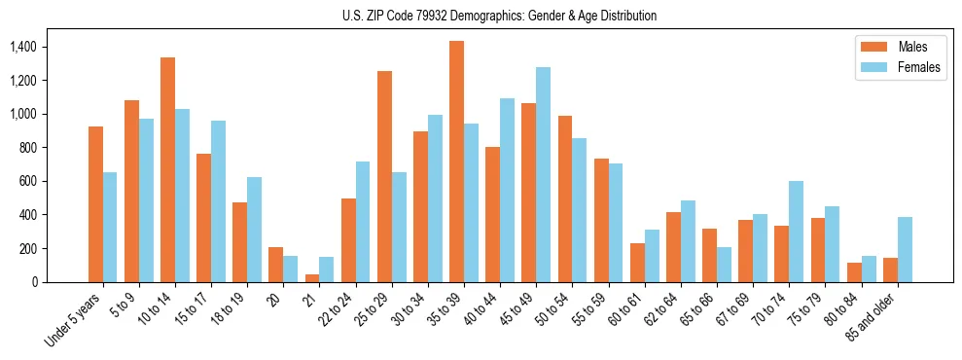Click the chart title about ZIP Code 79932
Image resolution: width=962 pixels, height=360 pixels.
point(499,16)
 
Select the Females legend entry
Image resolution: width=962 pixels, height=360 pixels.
point(898,67)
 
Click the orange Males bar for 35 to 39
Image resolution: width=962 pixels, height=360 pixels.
point(456,162)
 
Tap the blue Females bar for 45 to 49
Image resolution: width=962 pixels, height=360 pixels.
point(543,175)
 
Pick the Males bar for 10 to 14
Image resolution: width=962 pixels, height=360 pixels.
point(167,170)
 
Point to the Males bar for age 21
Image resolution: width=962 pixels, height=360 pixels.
point(311,278)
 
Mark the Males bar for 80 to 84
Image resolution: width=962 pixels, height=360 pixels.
point(854,272)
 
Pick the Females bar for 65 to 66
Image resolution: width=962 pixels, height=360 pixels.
point(724,265)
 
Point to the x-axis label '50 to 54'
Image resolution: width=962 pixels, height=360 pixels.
point(555,310)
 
